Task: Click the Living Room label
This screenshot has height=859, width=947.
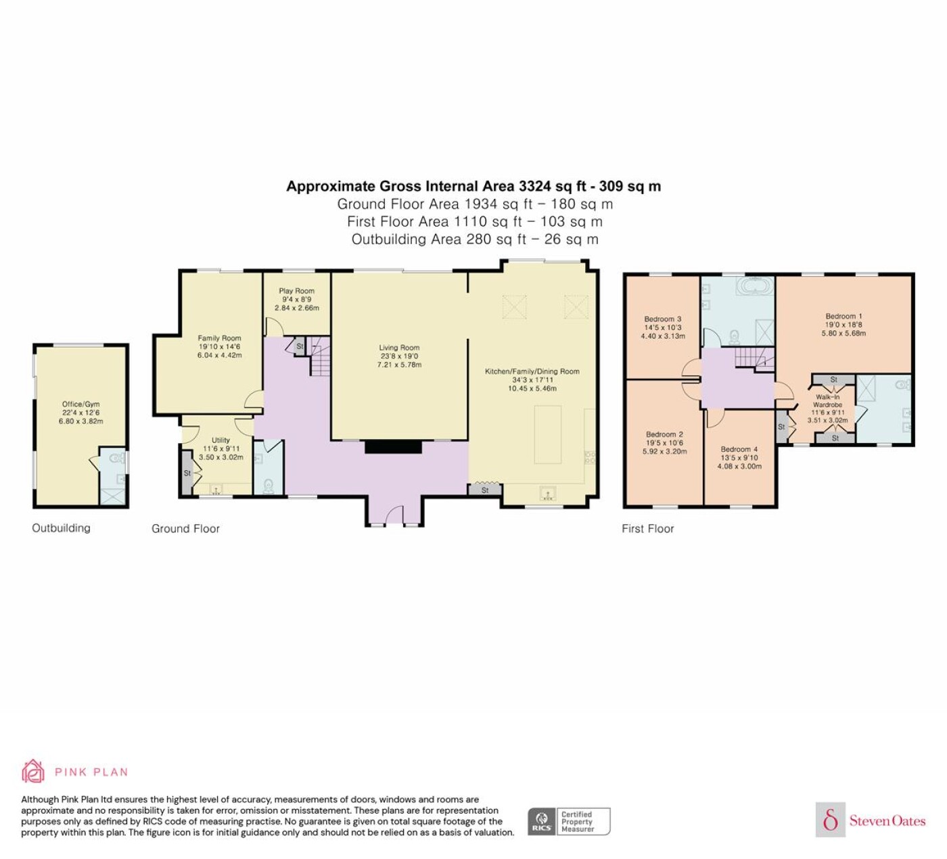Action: [399, 348]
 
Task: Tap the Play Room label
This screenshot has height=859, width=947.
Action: [296, 291]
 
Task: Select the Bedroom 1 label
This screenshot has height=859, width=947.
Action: [844, 316]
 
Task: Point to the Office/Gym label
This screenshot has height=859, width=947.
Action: [80, 404]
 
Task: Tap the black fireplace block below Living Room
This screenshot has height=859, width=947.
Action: [393, 446]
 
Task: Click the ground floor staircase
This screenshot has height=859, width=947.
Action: [319, 356]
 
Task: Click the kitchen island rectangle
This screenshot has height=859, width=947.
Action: [548, 435]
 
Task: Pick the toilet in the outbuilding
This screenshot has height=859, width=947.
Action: [116, 457]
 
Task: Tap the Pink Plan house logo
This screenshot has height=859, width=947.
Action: [33, 771]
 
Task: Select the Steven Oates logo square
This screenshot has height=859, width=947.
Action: [831, 819]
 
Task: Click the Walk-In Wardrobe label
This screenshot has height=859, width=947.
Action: [827, 401]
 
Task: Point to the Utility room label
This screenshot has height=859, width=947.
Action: [221, 440]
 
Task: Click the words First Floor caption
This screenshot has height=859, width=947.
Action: [648, 529]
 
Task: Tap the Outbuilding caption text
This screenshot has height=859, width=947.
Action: [61, 528]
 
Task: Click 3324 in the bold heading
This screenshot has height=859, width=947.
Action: [534, 186]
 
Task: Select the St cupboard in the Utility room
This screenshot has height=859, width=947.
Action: [187, 473]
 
